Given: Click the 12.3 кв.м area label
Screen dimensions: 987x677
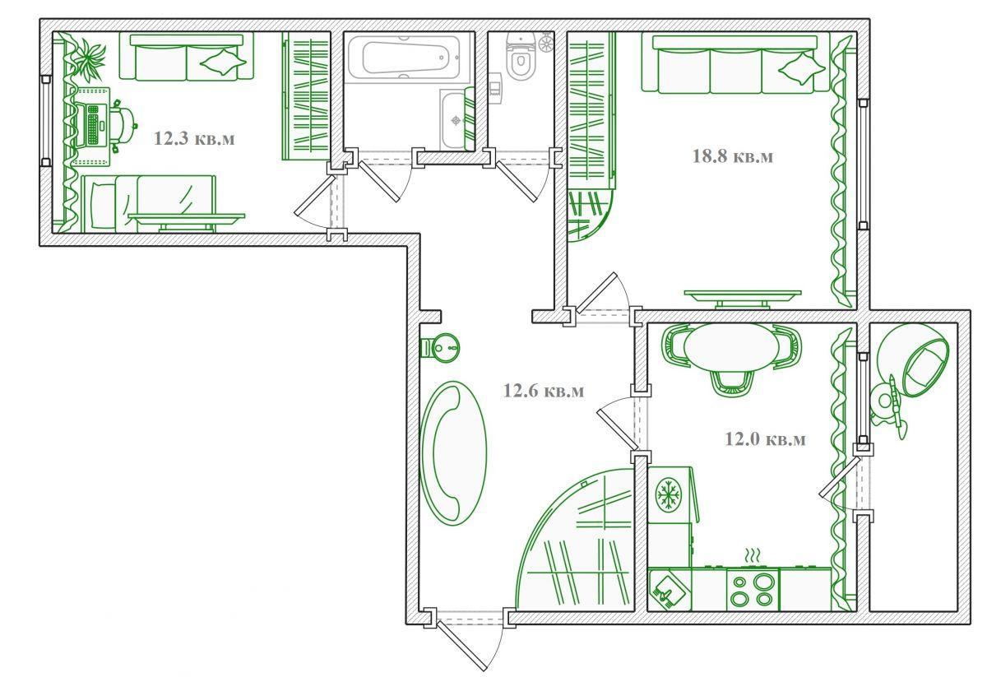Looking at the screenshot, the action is coord(194,138).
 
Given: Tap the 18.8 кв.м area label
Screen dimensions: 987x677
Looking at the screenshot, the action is coord(732,156).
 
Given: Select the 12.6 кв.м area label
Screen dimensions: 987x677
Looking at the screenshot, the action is coord(544,391).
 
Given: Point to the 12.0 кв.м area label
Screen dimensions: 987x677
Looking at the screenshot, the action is coord(766,439).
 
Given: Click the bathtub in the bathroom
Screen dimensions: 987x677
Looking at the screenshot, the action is coord(405,58).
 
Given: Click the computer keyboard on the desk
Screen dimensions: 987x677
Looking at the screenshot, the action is coord(93,125).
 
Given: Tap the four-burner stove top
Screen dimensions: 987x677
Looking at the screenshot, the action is coord(753,589).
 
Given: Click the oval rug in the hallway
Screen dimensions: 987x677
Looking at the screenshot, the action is coord(453,453).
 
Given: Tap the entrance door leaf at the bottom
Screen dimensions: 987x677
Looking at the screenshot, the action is coord(461,645).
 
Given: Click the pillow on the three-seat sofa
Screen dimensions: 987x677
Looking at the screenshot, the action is coord(801,69).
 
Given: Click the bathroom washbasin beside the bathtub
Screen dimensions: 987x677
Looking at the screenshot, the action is coord(456,119).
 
